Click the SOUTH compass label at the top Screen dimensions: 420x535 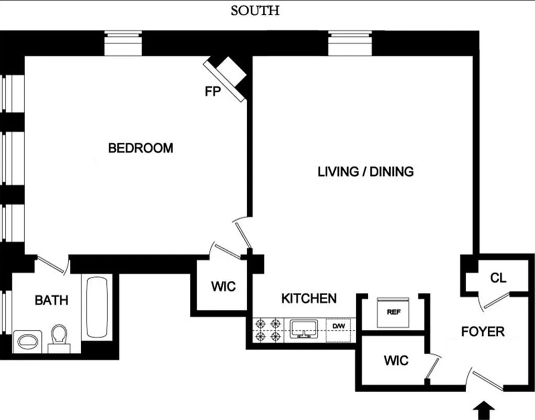pos(255,10)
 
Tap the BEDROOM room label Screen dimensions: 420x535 pos(141,148)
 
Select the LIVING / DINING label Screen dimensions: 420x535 pos(366,172)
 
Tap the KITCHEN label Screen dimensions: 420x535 pos(309,299)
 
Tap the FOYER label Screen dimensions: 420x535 pos(483,332)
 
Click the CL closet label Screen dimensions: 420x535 pos(498,278)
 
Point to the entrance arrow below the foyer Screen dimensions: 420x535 pos(484,409)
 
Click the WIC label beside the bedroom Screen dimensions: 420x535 pos(223,287)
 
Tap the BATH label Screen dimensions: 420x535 pos(51,300)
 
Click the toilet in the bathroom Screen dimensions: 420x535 pos(59,338)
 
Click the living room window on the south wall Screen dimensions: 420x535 pos(349,44)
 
